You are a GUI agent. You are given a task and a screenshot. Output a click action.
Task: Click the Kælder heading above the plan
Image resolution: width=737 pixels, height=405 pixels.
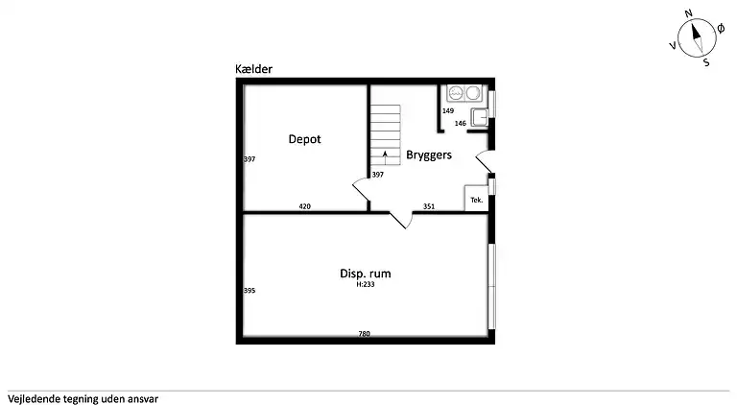(253, 69)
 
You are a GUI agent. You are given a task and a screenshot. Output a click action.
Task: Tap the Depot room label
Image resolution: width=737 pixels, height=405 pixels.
(304, 139)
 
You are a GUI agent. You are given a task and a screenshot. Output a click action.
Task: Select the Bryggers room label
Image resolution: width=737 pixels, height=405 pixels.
(429, 155)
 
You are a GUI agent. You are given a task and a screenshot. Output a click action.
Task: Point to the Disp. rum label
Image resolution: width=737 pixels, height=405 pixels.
(366, 274)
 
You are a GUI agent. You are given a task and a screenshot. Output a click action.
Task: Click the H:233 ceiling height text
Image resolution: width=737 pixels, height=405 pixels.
(366, 284)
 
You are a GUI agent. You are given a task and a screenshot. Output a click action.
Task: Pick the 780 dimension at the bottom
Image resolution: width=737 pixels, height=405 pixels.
(365, 334)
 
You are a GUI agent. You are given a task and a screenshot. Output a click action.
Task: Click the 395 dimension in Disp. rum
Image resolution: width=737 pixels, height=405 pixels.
(250, 291)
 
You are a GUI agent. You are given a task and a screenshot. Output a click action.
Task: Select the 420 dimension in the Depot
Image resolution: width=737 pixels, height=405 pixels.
(304, 206)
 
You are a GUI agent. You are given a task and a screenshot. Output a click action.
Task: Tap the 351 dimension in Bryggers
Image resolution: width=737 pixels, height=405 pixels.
(429, 206)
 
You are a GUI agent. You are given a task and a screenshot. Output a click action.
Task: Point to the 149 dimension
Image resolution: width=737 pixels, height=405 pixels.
(448, 111)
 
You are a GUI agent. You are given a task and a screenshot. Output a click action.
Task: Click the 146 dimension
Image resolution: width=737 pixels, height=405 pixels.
(461, 124)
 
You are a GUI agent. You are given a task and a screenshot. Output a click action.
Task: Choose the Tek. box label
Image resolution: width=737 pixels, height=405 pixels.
(477, 201)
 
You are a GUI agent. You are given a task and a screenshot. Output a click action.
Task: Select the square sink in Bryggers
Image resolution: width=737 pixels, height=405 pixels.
(480, 117)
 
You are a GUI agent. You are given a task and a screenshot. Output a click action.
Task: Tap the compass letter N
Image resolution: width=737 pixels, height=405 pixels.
(689, 13)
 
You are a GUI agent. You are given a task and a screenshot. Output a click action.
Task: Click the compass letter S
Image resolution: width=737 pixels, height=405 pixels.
(706, 62)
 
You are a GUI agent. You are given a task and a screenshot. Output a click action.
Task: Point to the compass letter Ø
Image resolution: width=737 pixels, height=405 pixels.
(721, 29)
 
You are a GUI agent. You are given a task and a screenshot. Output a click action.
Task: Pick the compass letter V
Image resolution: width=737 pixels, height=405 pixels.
(673, 45)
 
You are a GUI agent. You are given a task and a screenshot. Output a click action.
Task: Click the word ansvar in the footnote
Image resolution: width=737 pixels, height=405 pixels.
(143, 399)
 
